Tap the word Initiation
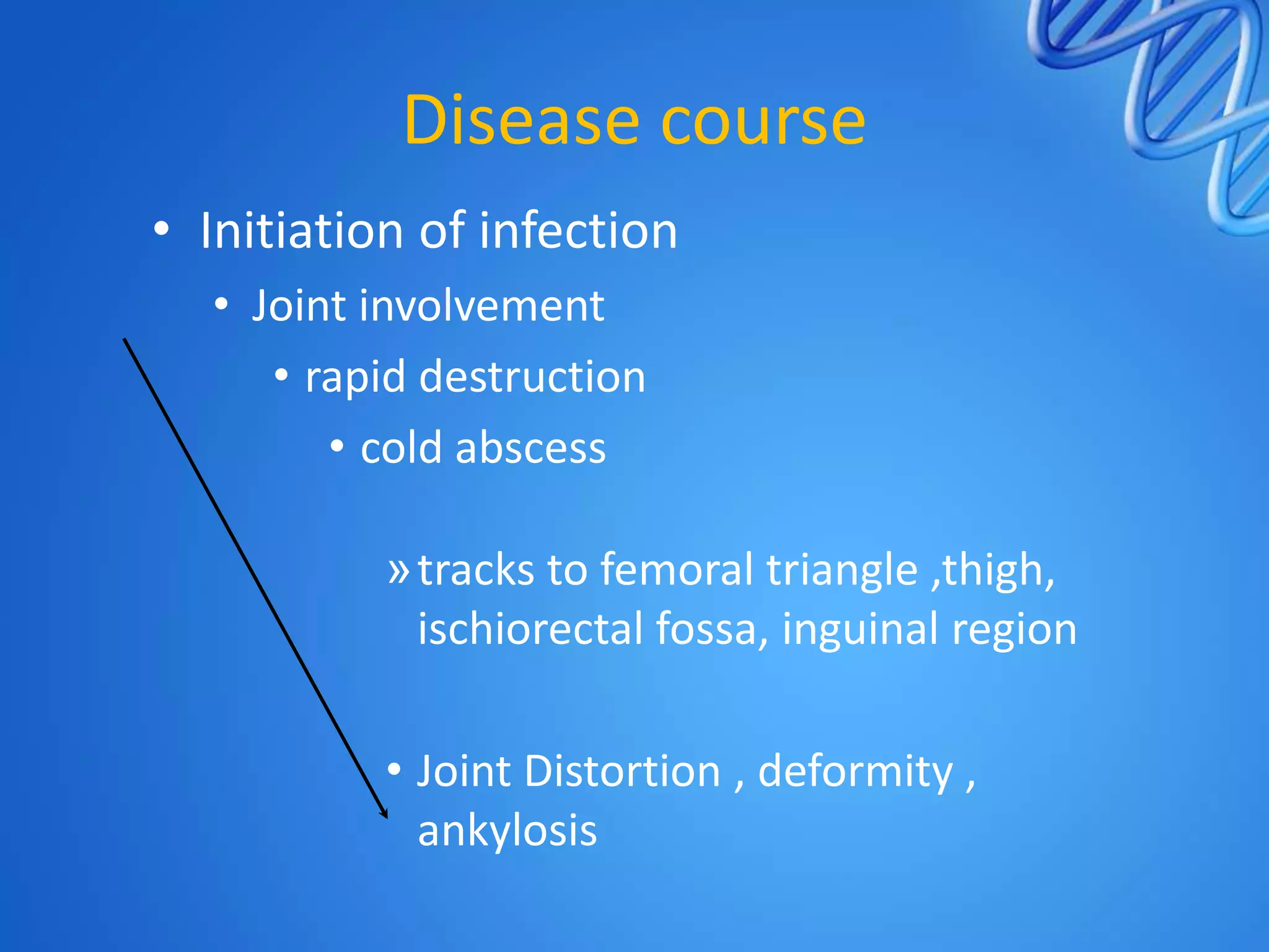pyautogui.click(x=302, y=231)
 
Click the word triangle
pyautogui.click(x=842, y=570)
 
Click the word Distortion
pyautogui.click(x=623, y=771)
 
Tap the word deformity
pyautogui.click(x=856, y=772)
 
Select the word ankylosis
pyautogui.click(x=507, y=831)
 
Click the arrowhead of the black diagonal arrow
pyautogui.click(x=384, y=813)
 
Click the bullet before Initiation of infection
pyautogui.click(x=161, y=230)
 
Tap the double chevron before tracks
pyautogui.click(x=398, y=570)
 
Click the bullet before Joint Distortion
pyautogui.click(x=394, y=769)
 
